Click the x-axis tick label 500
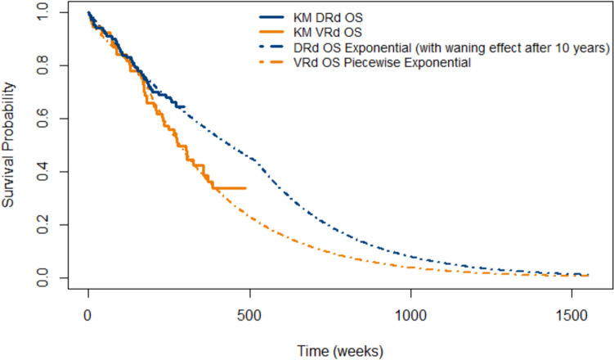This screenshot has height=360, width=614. pos(249,315)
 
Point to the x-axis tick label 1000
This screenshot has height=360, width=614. pos(410,315)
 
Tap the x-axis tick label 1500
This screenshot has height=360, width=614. pos(572,315)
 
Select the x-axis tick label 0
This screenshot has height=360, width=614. pos(88,315)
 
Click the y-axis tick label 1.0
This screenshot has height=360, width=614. pos(43,12)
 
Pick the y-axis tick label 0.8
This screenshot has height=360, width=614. pos(43,65)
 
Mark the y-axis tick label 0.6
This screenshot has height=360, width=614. pos(43,119)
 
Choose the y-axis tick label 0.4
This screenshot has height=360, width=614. pos(43,172)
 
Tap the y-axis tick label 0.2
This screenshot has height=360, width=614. pos(43,225)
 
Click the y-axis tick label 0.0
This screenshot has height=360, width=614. pos(43,277)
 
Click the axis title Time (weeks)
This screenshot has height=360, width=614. pos(340,351)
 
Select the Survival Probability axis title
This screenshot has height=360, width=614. pos(8,145)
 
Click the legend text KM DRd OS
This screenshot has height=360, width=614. pos(328,18)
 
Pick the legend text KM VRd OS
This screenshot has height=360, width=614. pos(328,33)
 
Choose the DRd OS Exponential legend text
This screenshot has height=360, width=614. pos(451,47)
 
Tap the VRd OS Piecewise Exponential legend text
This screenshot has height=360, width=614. pos(382,63)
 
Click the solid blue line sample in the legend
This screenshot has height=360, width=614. pos(271,17)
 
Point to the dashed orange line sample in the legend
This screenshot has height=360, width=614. pos(271,62)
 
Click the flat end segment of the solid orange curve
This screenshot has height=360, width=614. pos(230,188)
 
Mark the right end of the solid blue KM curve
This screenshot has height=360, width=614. pos(185,106)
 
